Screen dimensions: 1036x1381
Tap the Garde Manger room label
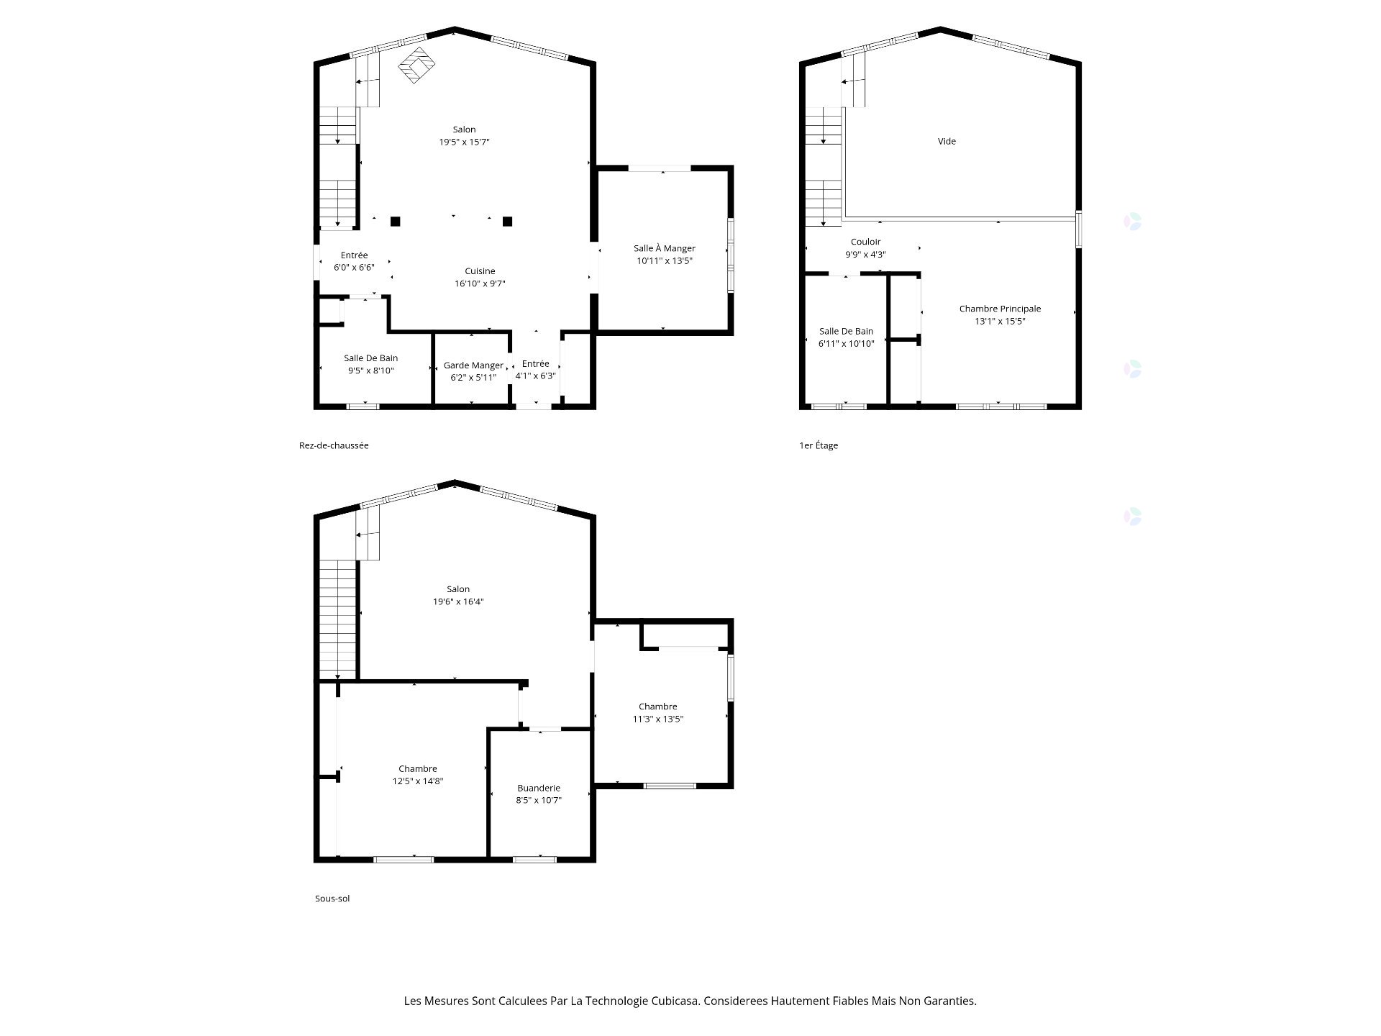pos(473,365)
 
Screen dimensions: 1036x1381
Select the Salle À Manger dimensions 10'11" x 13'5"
pos(664,261)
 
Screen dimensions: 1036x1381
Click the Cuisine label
pos(480,271)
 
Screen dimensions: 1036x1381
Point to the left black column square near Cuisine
pos(395,222)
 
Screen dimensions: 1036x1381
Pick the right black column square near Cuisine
pos(507,222)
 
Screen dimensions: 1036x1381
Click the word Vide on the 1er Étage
pos(947,142)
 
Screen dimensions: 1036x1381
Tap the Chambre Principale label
pos(1000,309)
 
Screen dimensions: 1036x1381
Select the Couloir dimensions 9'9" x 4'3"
pos(865,255)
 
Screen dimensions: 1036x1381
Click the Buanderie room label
pos(538,789)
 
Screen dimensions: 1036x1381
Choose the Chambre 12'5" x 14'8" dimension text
pos(418,781)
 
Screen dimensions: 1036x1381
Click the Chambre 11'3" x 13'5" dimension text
pos(657,719)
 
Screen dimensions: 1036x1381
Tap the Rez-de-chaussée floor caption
pos(334,445)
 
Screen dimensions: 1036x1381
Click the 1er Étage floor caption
pos(819,445)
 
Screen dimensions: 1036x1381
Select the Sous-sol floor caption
pos(332,899)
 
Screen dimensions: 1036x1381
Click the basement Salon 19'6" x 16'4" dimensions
pos(458,602)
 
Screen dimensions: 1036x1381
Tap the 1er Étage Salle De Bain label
pos(846,332)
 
